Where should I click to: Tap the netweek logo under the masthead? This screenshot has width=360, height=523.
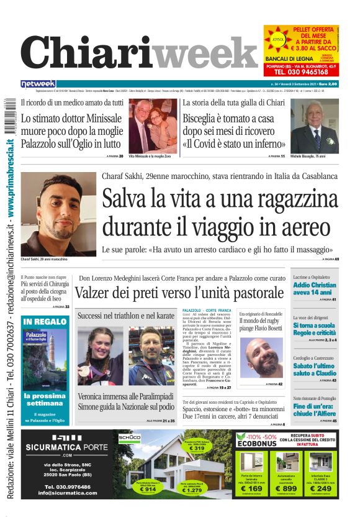(38, 84)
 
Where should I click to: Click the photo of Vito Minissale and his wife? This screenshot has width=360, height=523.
(153, 126)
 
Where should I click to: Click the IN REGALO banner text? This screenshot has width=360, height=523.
(45, 322)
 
